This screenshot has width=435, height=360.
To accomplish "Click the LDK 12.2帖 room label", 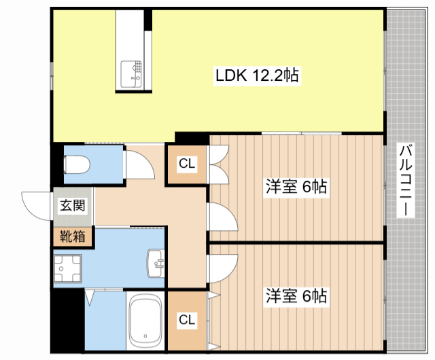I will [258, 76].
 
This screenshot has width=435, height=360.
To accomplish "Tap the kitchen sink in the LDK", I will [133, 73].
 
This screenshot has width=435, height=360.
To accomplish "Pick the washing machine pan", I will [67, 270].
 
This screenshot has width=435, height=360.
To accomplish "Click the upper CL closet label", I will [188, 164].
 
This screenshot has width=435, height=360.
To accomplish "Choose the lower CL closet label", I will [188, 320].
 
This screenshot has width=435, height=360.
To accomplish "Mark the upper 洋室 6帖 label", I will [296, 187].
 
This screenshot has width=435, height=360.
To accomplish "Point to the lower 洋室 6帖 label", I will [296, 296].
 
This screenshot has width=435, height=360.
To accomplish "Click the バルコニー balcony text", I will [406, 180].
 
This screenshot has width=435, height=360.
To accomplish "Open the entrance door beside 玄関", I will [37, 204].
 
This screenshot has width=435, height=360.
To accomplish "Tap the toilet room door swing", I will [139, 163].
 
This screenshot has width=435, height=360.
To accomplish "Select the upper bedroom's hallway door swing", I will [222, 217].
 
